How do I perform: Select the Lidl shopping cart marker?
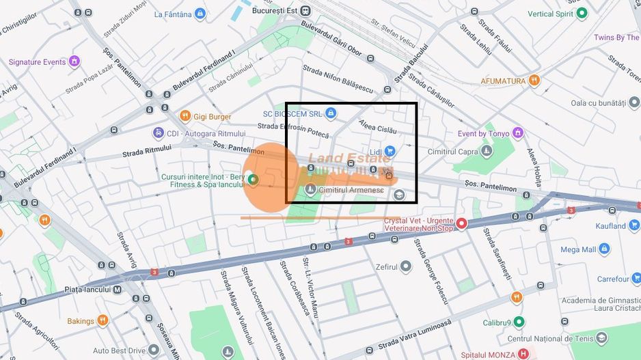pyautogui.click(x=390, y=151)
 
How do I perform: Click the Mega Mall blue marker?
pyautogui.click(x=604, y=249)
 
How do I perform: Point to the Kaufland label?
pyautogui.click(x=610, y=226)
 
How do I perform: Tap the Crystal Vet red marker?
pyautogui.click(x=461, y=223)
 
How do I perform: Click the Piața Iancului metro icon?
pyautogui.click(x=117, y=289)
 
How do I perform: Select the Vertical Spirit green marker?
pyautogui.click(x=582, y=13)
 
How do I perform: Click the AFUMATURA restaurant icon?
pyautogui.click(x=534, y=81)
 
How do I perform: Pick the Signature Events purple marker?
pyautogui.click(x=74, y=61)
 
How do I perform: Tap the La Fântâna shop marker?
pyautogui.click(x=200, y=13)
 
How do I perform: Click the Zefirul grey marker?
pyautogui.click(x=406, y=266)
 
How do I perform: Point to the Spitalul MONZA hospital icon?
pyautogui.click(x=523, y=354)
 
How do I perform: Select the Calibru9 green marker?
pyautogui.click(x=519, y=322)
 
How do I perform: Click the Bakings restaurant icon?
pyautogui.click(x=103, y=320)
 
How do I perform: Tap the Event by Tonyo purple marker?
pyautogui.click(x=517, y=133)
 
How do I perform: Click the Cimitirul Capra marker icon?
pyautogui.click(x=486, y=150)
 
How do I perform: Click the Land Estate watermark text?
pyautogui.click(x=349, y=159)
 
